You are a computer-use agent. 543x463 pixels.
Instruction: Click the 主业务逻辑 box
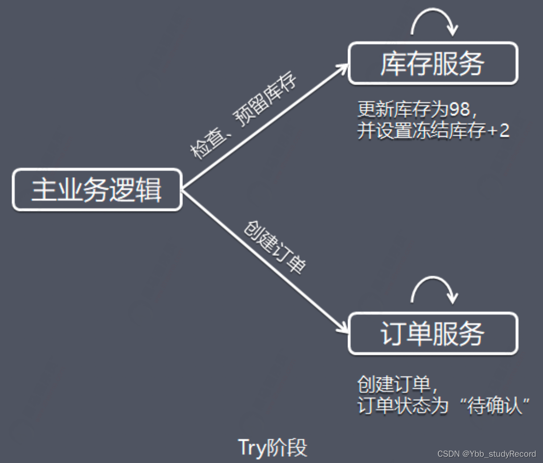(97, 190)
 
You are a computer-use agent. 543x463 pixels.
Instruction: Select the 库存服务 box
(433, 63)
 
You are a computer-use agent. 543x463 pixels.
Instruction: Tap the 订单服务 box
(433, 333)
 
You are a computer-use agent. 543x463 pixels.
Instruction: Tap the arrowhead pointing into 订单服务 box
(343, 328)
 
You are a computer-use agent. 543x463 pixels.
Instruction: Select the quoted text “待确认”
(494, 406)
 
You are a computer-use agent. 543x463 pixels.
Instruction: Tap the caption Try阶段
(272, 447)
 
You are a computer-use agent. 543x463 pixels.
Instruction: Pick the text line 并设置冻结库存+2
(433, 131)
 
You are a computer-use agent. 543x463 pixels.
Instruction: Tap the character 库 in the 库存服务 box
(393, 63)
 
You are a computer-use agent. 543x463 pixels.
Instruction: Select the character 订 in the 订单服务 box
(393, 333)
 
